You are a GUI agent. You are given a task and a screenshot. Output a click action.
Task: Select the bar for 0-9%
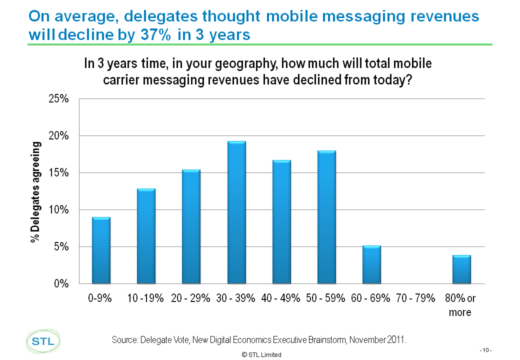click(100, 250)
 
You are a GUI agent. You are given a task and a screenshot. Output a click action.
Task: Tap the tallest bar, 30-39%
click(236, 212)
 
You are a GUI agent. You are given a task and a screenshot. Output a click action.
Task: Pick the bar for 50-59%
click(326, 217)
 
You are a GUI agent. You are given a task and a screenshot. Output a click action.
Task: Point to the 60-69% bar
click(371, 264)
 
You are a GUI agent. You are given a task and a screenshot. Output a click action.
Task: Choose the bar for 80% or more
click(461, 269)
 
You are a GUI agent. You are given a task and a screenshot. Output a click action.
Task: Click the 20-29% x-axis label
click(191, 298)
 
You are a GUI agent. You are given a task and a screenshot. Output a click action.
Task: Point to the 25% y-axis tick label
click(59, 99)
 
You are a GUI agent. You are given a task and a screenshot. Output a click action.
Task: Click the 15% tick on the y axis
click(59, 173)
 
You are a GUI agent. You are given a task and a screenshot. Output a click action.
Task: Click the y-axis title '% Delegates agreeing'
click(35, 192)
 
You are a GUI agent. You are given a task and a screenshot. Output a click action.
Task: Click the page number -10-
click(485, 350)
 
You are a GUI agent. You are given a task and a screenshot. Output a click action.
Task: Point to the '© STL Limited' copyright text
click(261, 354)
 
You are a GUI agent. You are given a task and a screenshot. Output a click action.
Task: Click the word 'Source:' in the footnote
click(126, 340)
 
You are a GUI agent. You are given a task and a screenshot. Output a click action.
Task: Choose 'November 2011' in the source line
click(378, 340)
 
